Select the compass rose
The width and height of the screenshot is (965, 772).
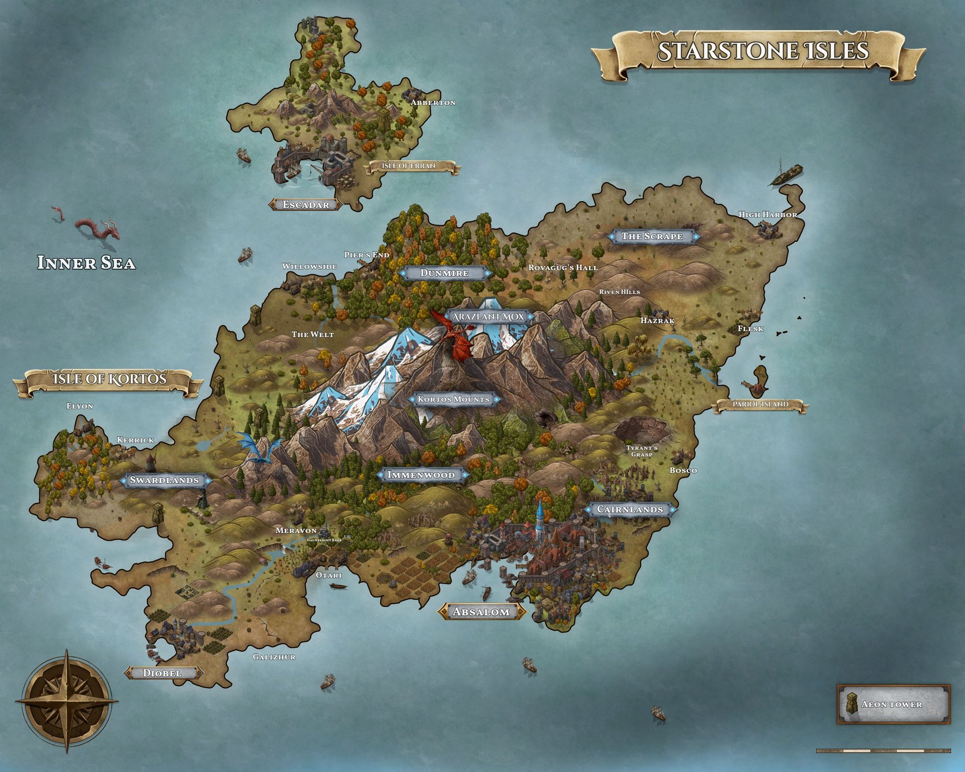[x=67, y=701]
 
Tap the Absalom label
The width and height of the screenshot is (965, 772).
[x=481, y=612]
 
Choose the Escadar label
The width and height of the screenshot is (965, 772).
[x=306, y=205]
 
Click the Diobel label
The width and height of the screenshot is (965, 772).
[x=162, y=673]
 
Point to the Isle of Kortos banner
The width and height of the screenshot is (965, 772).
[x=109, y=379]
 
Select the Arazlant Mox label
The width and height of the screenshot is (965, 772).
[x=488, y=317]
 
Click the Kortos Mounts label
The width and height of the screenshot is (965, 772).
[x=454, y=399]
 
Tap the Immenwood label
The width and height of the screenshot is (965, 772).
[x=421, y=475]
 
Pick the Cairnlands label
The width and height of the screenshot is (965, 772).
[x=630, y=510]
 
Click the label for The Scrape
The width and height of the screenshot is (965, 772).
[x=652, y=237]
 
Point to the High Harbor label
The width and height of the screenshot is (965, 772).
[x=768, y=215]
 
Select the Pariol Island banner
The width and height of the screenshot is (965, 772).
[x=760, y=405]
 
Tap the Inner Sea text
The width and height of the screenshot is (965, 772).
[x=86, y=263]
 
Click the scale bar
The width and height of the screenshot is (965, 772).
[x=883, y=750]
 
